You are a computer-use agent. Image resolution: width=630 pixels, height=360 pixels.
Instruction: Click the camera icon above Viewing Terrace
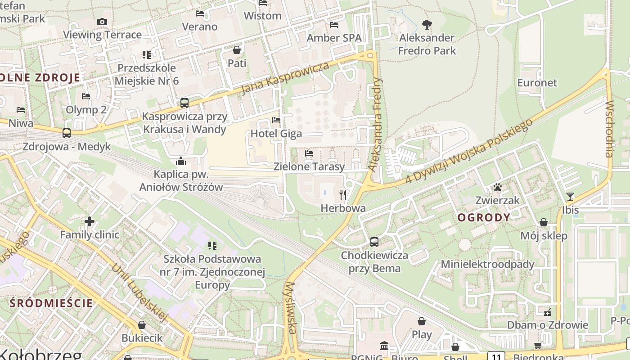102,22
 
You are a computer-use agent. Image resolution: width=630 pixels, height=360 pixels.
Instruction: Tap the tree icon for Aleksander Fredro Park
427,25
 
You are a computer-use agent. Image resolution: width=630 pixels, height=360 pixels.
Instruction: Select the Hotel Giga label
276,134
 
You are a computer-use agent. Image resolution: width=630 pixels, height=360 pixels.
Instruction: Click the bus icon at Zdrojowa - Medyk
66,133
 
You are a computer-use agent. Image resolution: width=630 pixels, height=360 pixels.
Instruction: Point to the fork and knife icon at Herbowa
343,195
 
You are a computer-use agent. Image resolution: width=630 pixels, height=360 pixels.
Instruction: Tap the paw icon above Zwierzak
497,187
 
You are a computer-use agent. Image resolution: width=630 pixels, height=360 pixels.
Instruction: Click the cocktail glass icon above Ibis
570,196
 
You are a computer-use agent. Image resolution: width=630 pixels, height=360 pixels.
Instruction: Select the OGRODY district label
484,218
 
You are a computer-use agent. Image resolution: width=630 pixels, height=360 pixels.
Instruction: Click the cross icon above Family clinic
90,221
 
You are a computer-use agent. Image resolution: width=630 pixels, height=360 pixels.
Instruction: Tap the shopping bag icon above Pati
237,50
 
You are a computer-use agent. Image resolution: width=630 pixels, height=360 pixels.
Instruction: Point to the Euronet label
537,83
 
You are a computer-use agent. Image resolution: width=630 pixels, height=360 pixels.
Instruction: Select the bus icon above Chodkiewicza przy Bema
374,242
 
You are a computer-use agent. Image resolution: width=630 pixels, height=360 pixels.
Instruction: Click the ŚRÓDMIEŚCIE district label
51,303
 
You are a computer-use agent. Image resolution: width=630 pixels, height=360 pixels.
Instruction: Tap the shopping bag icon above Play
422,321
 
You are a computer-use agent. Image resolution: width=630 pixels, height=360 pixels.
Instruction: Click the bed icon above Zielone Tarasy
309,153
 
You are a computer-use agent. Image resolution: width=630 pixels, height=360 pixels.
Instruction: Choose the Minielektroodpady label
488,264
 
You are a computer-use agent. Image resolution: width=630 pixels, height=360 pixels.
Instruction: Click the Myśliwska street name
291,309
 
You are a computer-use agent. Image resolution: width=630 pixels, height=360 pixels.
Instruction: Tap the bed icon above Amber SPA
334,25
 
